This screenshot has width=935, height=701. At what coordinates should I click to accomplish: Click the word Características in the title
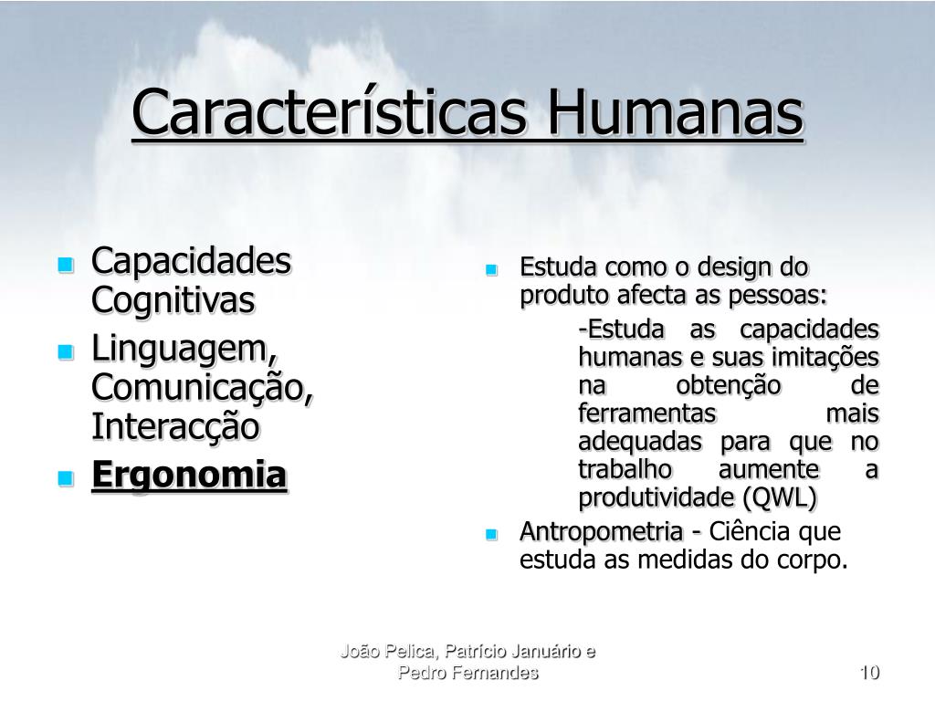[330, 112]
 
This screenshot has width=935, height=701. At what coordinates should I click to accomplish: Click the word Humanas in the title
[675, 112]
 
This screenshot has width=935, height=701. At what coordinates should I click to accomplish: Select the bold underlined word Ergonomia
[189, 476]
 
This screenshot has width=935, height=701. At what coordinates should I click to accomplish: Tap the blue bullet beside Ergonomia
[66, 478]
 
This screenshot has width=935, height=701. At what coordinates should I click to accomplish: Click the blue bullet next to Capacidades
[66, 265]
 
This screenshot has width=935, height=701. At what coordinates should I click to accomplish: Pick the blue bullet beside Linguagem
[66, 351]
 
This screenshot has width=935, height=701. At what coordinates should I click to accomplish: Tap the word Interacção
[175, 427]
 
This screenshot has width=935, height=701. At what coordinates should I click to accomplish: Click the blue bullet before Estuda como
[491, 270]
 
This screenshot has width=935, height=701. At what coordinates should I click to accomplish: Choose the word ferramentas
[647, 413]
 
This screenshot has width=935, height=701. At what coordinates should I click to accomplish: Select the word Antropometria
[601, 532]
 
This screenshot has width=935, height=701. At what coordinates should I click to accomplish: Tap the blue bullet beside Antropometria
[491, 534]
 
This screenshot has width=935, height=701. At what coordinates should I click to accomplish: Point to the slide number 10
[870, 673]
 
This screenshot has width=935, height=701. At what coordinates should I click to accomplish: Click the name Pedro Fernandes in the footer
[468, 673]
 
